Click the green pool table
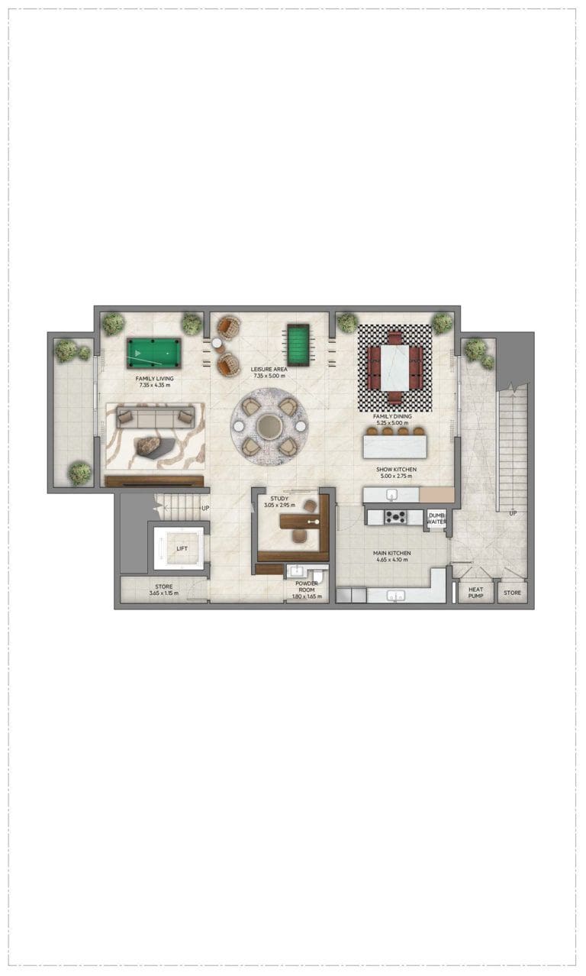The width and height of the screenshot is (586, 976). click(154, 353)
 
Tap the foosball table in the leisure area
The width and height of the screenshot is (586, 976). click(298, 345)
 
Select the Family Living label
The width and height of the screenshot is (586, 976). click(155, 379)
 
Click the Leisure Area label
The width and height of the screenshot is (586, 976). click(269, 369)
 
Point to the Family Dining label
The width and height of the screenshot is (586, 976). click(392, 416)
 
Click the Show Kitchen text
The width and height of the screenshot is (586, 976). click(396, 469)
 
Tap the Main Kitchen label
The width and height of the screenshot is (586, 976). click(392, 553)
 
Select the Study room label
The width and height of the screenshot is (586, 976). click(279, 498)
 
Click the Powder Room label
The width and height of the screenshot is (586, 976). click(307, 587)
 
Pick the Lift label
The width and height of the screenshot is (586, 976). click(182, 548)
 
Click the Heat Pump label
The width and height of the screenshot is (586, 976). click(476, 593)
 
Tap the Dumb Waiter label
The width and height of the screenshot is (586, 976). click(436, 519)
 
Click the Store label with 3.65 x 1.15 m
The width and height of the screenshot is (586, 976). click(164, 587)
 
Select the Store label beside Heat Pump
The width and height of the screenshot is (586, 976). click(513, 593)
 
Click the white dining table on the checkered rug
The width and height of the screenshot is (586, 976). click(395, 368)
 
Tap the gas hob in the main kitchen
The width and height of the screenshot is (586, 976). click(395, 517)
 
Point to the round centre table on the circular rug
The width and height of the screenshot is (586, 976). click(269, 425)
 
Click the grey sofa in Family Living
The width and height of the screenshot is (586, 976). click(156, 418)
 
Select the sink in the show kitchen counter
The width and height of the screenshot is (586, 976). click(392, 495)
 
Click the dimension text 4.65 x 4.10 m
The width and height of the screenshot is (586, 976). click(392, 560)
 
